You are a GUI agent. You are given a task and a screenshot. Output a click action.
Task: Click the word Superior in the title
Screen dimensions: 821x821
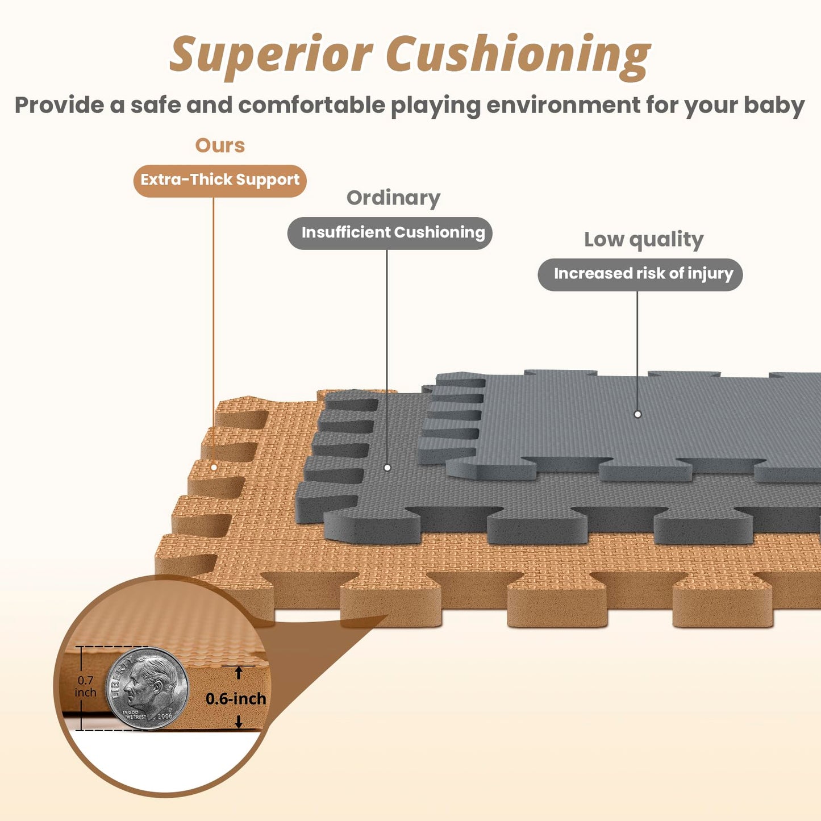click(x=271, y=55)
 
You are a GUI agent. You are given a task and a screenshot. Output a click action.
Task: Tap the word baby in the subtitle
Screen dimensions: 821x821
click(x=774, y=106)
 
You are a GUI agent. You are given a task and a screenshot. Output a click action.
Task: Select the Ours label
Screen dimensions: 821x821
click(x=220, y=145)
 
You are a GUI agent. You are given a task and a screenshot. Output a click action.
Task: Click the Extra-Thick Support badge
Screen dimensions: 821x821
click(x=220, y=181)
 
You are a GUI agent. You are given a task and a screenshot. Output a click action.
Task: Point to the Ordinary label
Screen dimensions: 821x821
click(x=393, y=198)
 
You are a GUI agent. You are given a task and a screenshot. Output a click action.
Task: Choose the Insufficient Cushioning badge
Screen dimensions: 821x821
click(x=390, y=233)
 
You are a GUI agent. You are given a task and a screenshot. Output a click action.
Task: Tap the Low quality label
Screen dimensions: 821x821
click(x=643, y=239)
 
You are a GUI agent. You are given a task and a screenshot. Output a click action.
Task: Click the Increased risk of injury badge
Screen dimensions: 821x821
click(x=640, y=274)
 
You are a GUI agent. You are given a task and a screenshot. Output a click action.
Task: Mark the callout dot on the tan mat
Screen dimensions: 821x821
click(x=214, y=467)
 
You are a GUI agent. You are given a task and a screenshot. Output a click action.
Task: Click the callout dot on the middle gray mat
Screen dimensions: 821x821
click(x=387, y=467)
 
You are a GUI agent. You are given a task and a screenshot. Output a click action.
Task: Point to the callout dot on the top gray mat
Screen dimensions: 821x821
click(x=637, y=414)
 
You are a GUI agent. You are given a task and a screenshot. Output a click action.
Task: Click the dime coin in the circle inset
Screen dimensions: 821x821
click(x=147, y=687)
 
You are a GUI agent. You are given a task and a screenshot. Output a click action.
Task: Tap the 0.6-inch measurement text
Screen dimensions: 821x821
click(x=236, y=699)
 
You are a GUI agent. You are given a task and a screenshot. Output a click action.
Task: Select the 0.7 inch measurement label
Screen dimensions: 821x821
click(x=85, y=686)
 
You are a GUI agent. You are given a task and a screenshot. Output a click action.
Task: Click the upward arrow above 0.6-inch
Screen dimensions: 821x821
click(x=239, y=673)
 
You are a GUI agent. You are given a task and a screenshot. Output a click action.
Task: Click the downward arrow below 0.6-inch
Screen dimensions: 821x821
click(x=239, y=722)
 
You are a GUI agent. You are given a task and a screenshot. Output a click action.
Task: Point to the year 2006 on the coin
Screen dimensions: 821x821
click(x=165, y=716)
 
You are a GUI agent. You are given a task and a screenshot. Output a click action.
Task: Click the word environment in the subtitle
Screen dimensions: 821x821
click(x=563, y=106)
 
